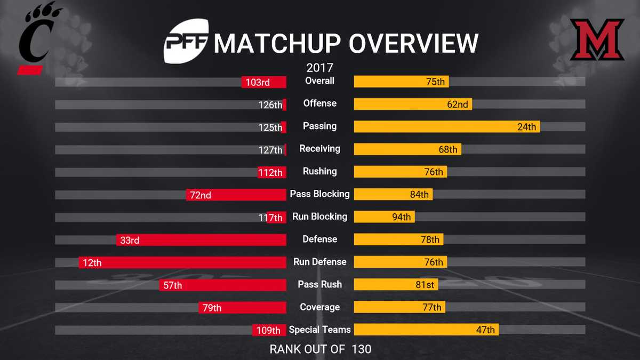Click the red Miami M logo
597,41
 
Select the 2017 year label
320,68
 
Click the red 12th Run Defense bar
182,262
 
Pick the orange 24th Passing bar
447,127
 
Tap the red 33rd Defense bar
202,240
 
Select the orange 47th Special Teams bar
427,330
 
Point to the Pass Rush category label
320,285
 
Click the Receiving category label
320,149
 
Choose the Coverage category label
320,307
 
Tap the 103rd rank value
258,82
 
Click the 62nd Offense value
458,105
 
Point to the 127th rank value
270,150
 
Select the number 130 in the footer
361,349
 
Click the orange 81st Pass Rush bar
396,285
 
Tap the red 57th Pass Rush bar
223,285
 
